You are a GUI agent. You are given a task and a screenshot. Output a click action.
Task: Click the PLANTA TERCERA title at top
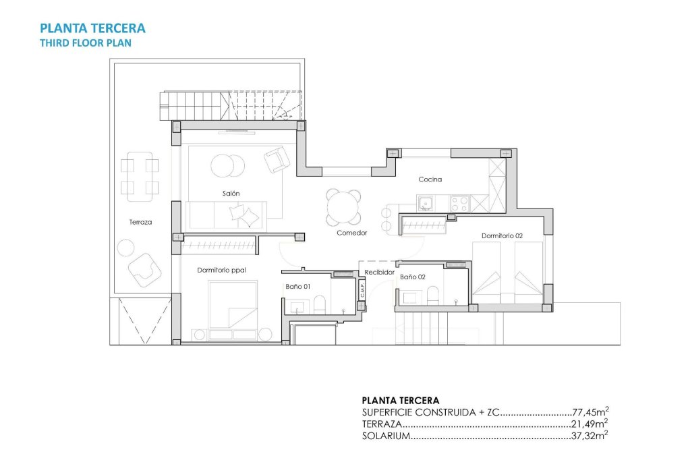[x=92, y=28]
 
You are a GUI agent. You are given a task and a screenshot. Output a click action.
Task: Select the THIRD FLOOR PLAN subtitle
[x=86, y=43]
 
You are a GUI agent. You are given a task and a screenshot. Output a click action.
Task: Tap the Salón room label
[x=231, y=194]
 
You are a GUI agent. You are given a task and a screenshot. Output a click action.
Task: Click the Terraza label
[x=140, y=222]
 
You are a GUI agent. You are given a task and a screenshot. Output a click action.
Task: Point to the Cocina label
[x=430, y=179]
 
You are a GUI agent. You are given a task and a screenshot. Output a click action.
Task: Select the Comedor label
[x=351, y=233]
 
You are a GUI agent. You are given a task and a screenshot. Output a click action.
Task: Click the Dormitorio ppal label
[x=221, y=270]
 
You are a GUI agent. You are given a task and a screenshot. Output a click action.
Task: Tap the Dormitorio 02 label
[x=502, y=236]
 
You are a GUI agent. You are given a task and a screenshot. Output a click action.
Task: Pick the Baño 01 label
[x=297, y=287]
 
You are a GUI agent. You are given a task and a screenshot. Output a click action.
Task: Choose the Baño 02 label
[x=412, y=277]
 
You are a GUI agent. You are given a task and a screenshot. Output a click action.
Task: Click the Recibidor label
[x=379, y=273]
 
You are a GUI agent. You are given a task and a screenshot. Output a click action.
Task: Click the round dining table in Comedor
[x=343, y=207]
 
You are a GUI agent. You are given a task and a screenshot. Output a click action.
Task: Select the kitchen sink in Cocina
[x=426, y=202]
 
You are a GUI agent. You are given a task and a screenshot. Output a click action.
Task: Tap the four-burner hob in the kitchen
[x=459, y=202]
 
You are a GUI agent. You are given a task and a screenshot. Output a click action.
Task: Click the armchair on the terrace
[x=146, y=269]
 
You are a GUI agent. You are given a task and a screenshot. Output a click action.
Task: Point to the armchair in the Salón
[x=276, y=160]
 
